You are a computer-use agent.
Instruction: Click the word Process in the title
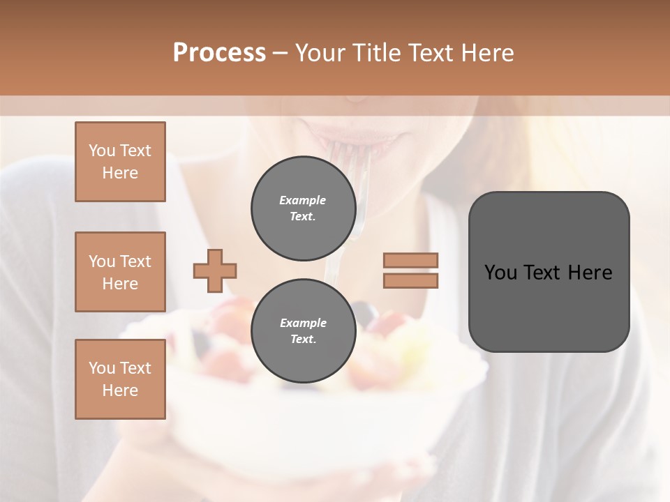click(x=219, y=53)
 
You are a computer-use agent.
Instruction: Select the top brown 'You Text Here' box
click(x=120, y=162)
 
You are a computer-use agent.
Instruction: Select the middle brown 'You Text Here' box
click(x=120, y=272)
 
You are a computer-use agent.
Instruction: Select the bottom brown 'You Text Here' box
click(x=120, y=379)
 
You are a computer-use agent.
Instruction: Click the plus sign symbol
click(x=214, y=271)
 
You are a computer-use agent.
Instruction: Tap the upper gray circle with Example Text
click(x=303, y=208)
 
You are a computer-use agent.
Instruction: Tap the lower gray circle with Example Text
click(x=303, y=331)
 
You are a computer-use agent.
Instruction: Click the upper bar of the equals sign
click(x=410, y=261)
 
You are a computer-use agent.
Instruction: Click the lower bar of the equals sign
click(x=410, y=280)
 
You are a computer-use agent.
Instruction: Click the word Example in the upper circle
click(x=302, y=200)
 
